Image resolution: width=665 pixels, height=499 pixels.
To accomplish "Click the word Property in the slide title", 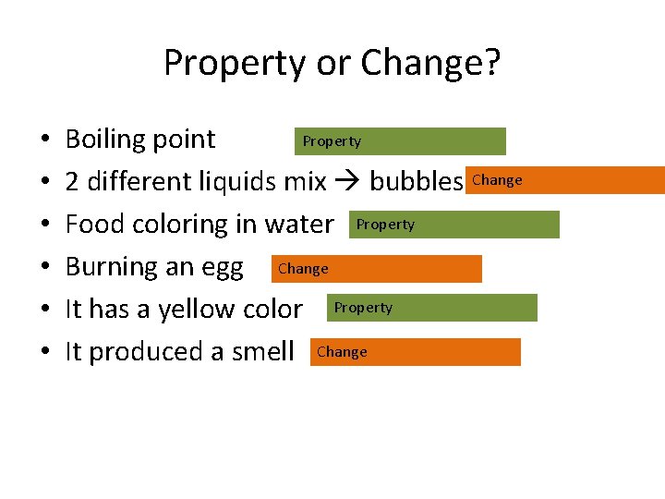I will click(233, 64).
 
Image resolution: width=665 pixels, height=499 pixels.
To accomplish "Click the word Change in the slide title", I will click(430, 64).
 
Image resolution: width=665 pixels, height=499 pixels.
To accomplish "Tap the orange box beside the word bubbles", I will click(566, 180).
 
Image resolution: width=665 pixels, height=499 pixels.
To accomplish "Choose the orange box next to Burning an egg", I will click(376, 269).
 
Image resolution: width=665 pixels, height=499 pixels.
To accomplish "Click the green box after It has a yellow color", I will click(431, 308).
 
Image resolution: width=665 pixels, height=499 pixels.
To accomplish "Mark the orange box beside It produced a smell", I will click(415, 352).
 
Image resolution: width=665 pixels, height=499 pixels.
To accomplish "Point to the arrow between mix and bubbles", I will click(347, 182).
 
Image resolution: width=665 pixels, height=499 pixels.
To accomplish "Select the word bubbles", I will click(416, 182).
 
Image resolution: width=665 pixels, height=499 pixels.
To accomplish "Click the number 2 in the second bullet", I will click(72, 182).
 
